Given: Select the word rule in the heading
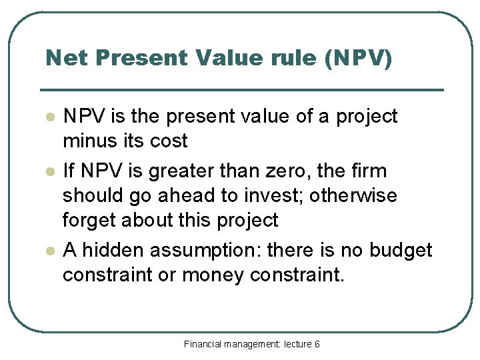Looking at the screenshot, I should pos(290,58).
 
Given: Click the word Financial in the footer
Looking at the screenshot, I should pos(205,344).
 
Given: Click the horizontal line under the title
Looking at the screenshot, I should pos(242,89).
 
